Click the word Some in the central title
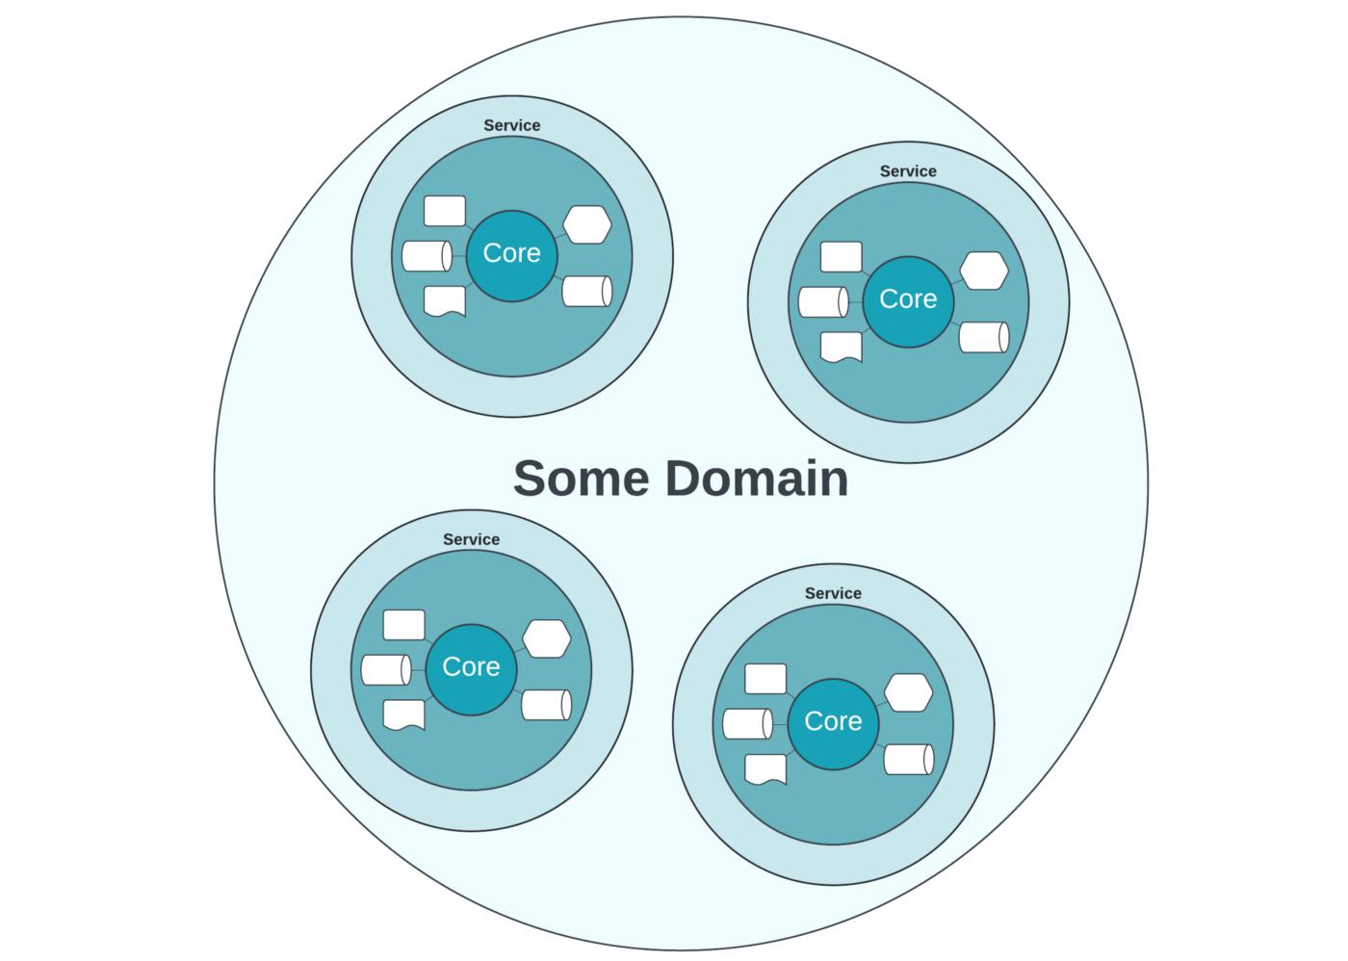[581, 479]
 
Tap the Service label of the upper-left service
[511, 125]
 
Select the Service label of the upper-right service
[907, 171]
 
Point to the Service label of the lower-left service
[471, 539]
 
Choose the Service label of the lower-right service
[833, 593]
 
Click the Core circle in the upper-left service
[511, 254]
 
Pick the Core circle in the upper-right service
[907, 299]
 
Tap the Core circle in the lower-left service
[471, 667]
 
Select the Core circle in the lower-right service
[833, 722]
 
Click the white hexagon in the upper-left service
[586, 224]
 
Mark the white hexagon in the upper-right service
[983, 271]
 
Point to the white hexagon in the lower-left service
[546, 639]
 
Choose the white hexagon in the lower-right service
[908, 693]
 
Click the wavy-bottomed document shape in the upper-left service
[444, 300]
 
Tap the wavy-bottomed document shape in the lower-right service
[765, 768]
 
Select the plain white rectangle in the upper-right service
[841, 257]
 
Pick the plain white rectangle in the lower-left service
[403, 625]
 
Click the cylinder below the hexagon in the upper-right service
[983, 337]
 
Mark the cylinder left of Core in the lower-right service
[747, 724]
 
